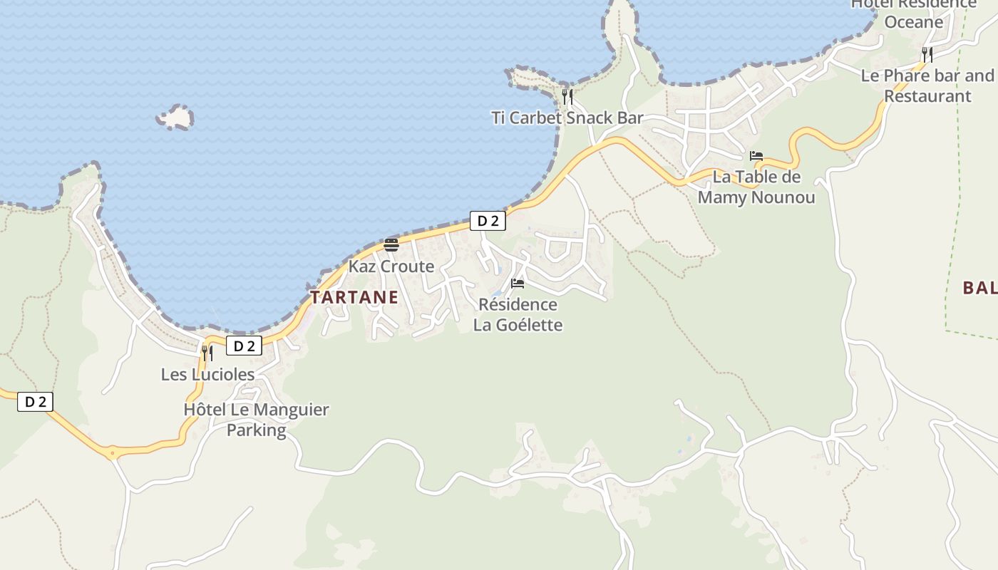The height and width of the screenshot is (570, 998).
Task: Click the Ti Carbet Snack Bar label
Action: pos(567,118)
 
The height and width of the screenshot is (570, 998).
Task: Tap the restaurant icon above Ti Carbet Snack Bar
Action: pos(567,96)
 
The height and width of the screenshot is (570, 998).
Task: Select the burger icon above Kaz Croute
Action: pos(391,245)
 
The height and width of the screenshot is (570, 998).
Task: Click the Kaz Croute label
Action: pos(391,266)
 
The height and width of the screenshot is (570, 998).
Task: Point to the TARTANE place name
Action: pos(354,298)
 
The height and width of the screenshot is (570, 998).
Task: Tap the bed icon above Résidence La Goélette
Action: pos(518,284)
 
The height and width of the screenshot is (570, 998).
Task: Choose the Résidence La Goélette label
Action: pos(518,315)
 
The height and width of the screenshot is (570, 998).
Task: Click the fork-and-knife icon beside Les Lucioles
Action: pos(207,353)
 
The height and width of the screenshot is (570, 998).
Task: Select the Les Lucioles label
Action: pos(207,375)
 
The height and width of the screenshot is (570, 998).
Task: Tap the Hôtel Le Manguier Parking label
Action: pos(256,420)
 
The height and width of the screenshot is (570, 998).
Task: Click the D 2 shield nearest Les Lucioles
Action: pos(245,346)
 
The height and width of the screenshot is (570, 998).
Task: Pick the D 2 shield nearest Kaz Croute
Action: pos(488,221)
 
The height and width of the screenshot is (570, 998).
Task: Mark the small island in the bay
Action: pos(175,118)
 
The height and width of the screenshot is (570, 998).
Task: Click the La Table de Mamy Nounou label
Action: pos(756,187)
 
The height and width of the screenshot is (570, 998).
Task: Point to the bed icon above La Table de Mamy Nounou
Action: pos(756,156)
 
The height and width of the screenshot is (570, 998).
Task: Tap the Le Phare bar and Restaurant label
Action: pos(927,85)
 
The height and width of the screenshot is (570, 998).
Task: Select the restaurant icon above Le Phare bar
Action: pos(927,54)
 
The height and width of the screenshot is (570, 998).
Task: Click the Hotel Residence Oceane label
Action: pos(913,13)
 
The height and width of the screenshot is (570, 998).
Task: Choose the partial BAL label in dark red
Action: pos(979,288)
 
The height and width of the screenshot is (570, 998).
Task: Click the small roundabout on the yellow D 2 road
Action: pos(112,452)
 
